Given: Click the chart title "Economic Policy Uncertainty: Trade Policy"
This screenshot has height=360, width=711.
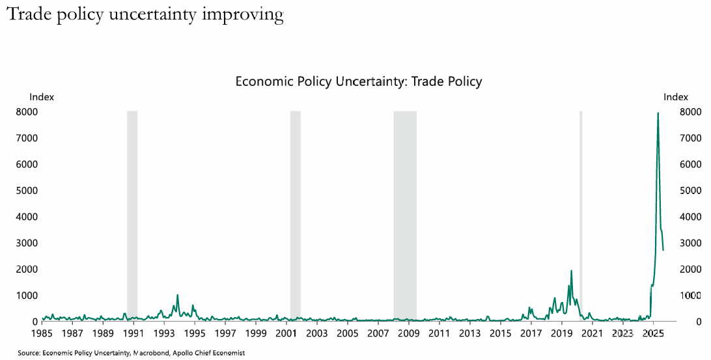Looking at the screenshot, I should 358,81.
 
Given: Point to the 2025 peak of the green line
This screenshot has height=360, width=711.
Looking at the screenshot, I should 658,113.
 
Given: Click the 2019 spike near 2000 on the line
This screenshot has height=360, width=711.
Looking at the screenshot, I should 571,271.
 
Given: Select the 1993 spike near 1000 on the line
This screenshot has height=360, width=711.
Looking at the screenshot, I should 177,295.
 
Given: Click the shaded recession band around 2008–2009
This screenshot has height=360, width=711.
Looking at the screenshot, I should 404,215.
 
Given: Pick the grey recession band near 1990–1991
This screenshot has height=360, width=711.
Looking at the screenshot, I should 132,215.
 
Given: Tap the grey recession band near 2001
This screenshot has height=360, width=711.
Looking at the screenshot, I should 295,215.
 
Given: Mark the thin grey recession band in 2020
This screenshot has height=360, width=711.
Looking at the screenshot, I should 581,215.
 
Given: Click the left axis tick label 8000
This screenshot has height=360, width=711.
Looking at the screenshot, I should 26,112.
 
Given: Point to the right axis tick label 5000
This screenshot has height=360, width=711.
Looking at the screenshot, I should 690,191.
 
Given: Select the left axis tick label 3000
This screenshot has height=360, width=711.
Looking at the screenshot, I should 26,243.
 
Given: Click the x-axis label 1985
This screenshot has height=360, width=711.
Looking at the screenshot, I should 42,333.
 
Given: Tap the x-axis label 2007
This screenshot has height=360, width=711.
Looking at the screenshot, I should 378,333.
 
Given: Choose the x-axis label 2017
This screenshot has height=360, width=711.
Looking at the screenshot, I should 531,333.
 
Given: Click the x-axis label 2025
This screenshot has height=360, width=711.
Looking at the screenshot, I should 653,333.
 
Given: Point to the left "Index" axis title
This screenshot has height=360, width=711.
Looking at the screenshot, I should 42,97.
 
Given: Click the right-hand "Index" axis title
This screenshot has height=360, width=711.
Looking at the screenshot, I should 675,97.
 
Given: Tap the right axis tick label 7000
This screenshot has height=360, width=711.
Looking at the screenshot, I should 690,138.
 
